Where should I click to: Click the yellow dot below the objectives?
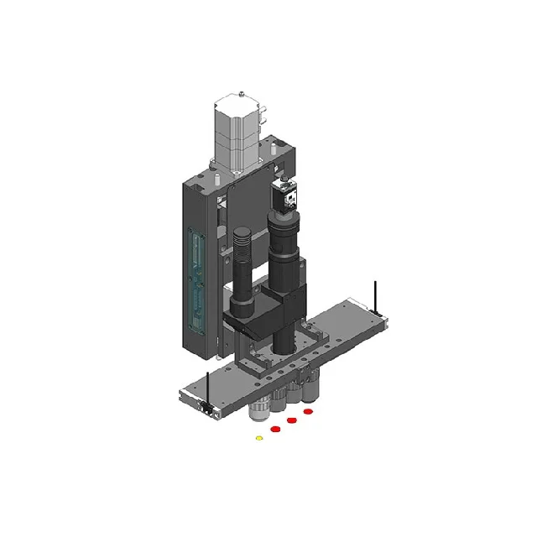(x=258, y=438)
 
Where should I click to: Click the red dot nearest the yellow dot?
(x=274, y=430)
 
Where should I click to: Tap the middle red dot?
(x=292, y=420)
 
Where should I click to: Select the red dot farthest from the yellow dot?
(x=308, y=412)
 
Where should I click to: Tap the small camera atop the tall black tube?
(x=286, y=197)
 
